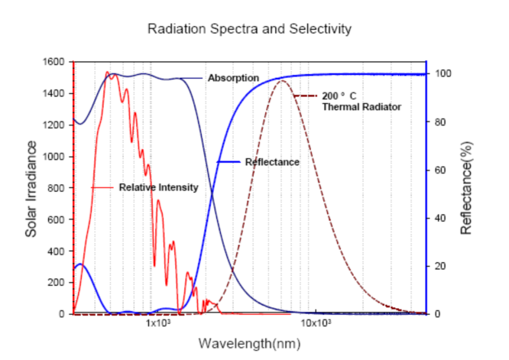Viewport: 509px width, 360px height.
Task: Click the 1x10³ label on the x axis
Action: click(157, 324)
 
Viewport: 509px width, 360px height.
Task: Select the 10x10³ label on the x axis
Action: click(316, 324)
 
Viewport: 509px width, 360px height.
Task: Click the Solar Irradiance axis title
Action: click(31, 187)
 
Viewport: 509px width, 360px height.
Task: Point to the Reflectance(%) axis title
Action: click(468, 187)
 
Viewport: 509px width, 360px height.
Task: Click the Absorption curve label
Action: click(233, 78)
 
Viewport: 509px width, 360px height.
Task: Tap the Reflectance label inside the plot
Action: click(272, 162)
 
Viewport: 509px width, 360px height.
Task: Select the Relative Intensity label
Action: click(158, 187)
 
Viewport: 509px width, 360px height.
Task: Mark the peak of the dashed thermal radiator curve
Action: click(282, 80)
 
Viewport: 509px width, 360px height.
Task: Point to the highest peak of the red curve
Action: click(107, 72)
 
